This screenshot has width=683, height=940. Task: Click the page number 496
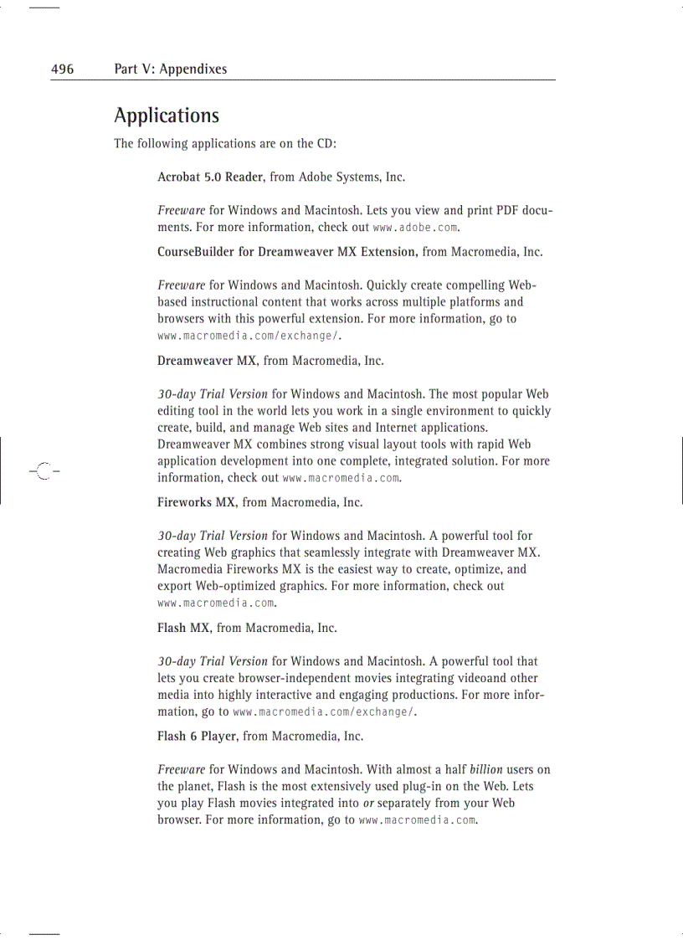[62, 69]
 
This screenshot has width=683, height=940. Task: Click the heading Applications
[167, 116]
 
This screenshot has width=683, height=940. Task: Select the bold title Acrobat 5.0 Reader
[211, 177]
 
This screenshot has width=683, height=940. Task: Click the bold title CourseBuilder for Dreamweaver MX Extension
[287, 251]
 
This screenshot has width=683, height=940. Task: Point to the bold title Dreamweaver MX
[207, 361]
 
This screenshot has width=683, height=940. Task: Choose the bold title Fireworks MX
[197, 502]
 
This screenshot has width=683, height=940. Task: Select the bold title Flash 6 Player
[198, 737]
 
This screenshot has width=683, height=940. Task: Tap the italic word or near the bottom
[368, 804]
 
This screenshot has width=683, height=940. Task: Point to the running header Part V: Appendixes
[171, 69]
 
